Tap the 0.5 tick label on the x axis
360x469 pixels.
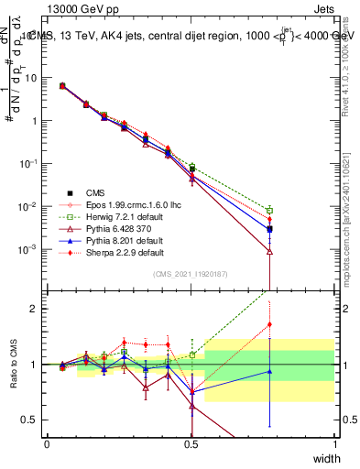(x=191, y=443)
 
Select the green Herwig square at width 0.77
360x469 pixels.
(x=269, y=211)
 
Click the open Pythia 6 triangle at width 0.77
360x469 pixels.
(x=269, y=251)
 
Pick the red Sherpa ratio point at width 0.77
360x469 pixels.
(x=269, y=324)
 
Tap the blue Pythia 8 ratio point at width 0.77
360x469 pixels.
(x=269, y=371)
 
